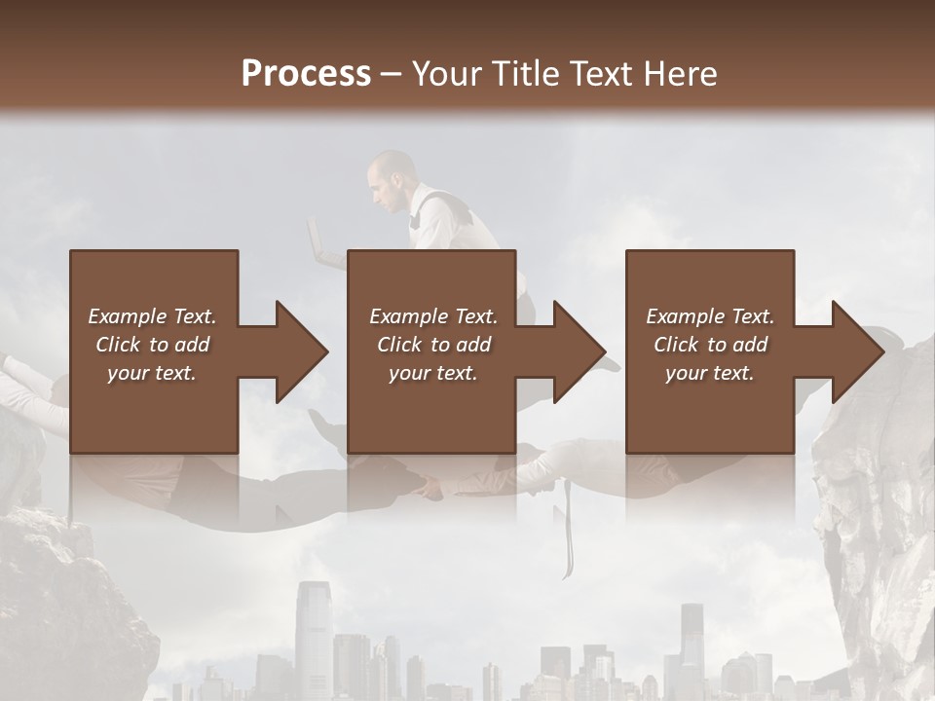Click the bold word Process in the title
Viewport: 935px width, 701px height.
click(306, 74)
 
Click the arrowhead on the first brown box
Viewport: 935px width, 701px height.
click(296, 351)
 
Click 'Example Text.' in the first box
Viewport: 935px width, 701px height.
click(152, 316)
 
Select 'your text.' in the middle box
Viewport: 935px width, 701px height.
click(432, 373)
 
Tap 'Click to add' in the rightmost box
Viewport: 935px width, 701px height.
click(710, 345)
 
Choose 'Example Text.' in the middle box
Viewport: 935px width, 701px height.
click(432, 316)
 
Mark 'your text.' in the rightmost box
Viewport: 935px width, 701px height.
click(710, 373)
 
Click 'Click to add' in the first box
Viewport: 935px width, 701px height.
click(152, 345)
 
